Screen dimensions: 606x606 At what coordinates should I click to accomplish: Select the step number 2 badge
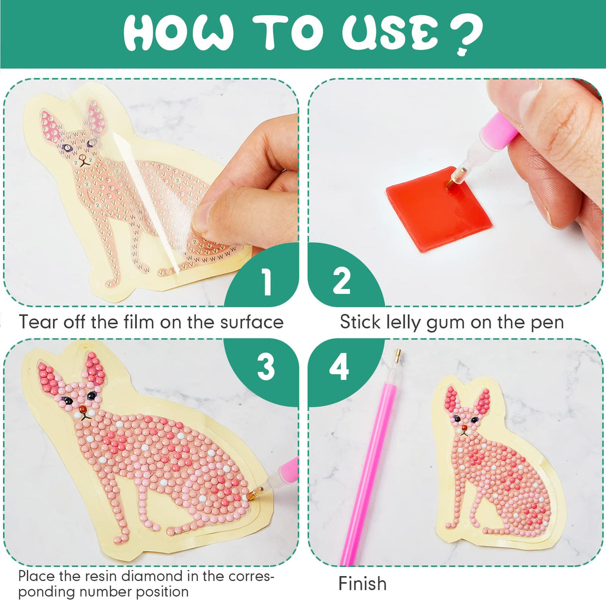click(x=341, y=281)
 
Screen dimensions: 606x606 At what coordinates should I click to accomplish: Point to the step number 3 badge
click(x=266, y=368)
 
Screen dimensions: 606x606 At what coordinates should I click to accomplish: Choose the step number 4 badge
click(x=339, y=368)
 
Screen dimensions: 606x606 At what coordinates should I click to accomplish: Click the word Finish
click(x=362, y=584)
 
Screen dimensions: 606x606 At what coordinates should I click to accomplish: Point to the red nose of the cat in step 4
click(x=464, y=428)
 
